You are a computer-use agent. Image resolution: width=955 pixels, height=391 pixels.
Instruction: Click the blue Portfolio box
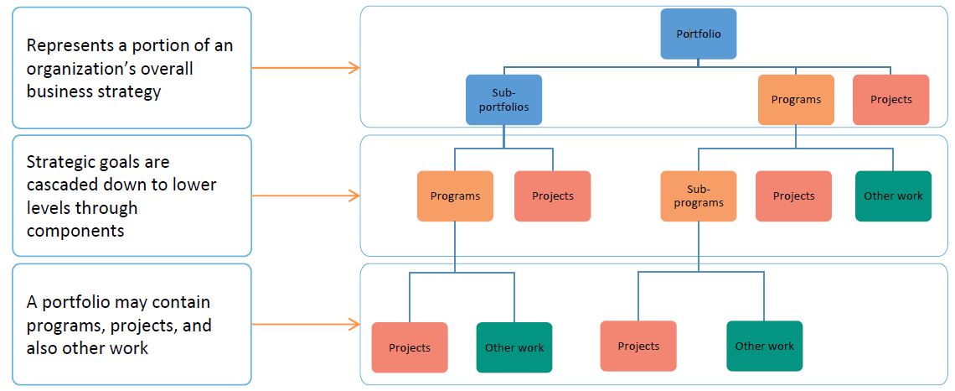(x=699, y=34)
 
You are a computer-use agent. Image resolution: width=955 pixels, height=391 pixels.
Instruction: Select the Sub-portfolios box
(x=503, y=101)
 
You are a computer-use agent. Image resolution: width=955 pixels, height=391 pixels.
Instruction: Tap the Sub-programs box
(x=698, y=196)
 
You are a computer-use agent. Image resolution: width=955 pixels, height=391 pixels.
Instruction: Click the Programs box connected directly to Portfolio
(x=796, y=100)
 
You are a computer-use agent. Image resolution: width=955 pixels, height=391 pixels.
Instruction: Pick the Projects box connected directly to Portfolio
(x=890, y=100)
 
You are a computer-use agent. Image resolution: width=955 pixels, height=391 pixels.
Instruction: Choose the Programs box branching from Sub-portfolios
(x=455, y=196)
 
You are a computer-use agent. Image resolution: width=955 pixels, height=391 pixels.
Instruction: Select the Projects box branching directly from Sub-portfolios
(x=552, y=196)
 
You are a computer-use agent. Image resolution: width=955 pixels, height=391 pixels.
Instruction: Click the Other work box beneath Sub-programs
(x=764, y=346)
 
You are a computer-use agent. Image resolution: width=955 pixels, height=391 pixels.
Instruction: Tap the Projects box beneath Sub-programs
(x=638, y=346)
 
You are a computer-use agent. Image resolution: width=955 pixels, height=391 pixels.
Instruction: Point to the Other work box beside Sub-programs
(x=893, y=196)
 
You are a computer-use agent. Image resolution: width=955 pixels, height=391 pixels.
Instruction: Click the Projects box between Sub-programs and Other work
(x=793, y=196)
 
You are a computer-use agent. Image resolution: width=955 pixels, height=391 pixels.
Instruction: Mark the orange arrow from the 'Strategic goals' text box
(x=306, y=195)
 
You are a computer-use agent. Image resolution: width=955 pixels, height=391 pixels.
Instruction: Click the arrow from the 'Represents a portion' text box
(x=306, y=68)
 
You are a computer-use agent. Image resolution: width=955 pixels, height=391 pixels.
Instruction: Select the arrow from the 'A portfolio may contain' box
(x=306, y=324)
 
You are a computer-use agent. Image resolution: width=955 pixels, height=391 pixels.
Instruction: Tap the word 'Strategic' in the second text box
(x=60, y=161)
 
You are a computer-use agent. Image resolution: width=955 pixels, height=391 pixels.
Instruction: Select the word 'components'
(x=75, y=230)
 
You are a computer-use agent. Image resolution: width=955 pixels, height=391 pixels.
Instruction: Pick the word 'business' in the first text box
(x=59, y=91)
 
